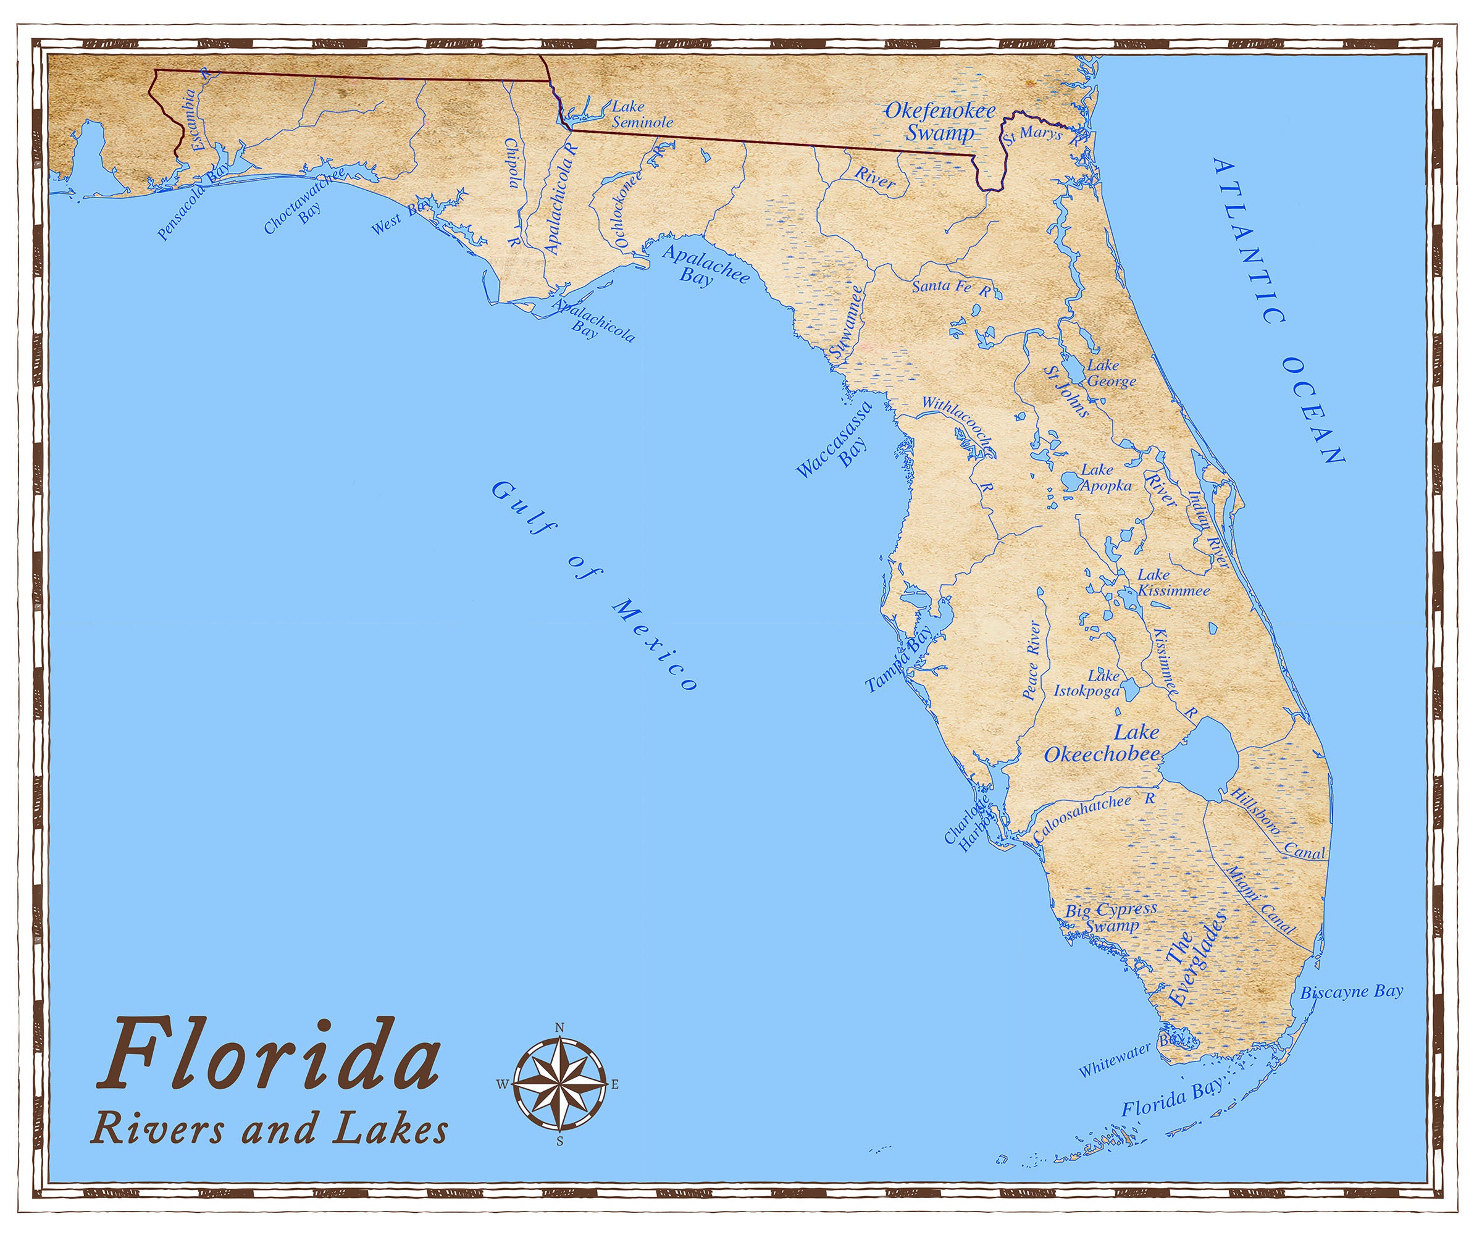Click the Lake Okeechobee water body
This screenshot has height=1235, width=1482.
tap(1200, 762)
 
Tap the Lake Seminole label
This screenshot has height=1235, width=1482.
tap(640, 114)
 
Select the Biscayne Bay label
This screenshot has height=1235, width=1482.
tap(1352, 992)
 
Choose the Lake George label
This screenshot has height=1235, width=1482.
tap(1110, 374)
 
